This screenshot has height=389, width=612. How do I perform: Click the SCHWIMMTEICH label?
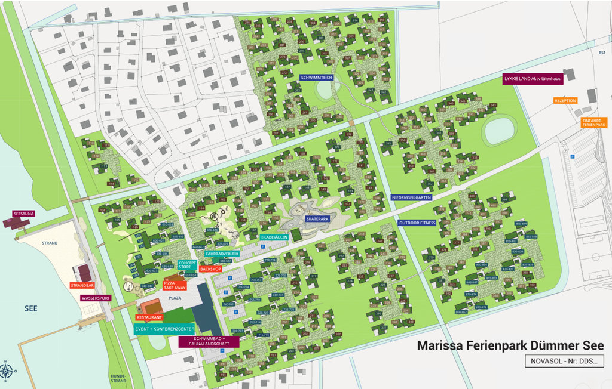[319, 77]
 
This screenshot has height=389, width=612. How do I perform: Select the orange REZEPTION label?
[565, 101]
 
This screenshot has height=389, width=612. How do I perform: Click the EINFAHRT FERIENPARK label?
[593, 122]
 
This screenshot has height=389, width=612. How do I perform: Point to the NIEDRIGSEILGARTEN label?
[411, 197]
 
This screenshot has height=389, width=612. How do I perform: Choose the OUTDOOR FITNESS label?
[417, 223]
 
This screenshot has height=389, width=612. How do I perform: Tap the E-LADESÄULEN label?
[274, 237]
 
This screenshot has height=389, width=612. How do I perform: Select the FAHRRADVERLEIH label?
[222, 254]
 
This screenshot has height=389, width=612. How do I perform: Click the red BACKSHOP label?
[210, 269]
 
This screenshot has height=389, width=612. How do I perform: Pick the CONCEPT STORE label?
[187, 265]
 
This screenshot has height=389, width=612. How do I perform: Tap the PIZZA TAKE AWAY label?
[175, 285]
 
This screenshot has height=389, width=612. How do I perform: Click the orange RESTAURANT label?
[149, 317]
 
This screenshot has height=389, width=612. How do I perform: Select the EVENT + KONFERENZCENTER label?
[164, 329]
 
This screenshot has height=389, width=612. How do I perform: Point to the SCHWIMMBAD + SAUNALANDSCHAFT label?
[209, 341]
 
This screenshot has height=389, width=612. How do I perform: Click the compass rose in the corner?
[7, 371]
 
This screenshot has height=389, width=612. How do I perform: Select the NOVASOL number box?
[564, 360]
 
